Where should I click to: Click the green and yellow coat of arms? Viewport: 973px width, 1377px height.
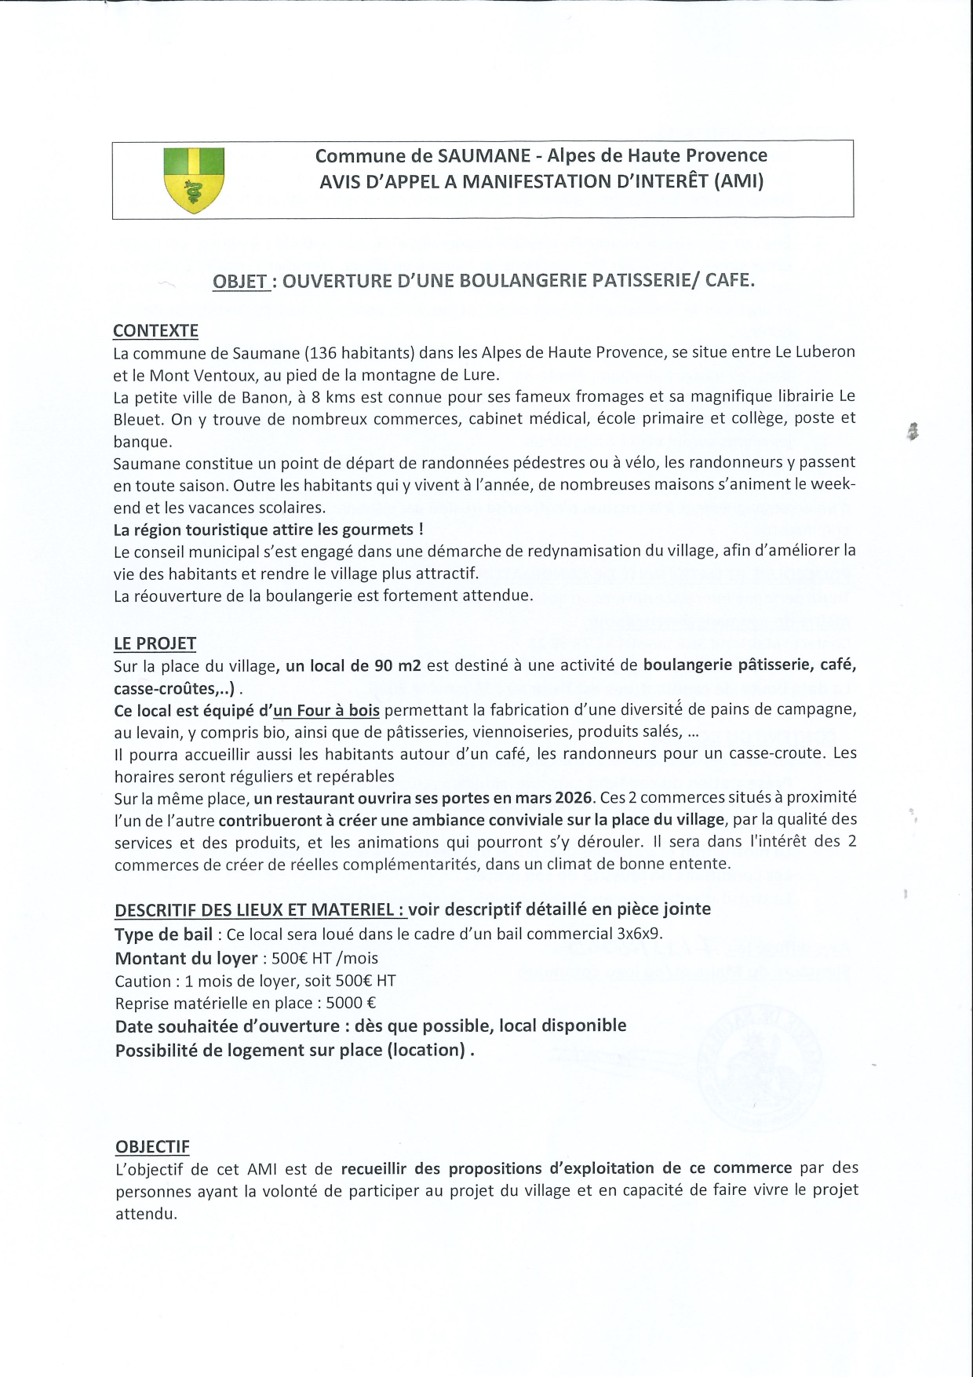[194, 180]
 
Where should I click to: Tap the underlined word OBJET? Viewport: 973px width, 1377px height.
[240, 281]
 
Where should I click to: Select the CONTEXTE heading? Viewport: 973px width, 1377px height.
[155, 330]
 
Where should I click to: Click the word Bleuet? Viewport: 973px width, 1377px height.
[137, 419]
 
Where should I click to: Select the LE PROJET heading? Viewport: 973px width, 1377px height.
[155, 643]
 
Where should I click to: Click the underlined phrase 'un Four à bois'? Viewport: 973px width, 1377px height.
[326, 710]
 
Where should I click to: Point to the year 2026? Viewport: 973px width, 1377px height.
[573, 797]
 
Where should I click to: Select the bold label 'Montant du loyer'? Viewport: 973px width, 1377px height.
[186, 958]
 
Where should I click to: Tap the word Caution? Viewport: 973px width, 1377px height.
[143, 981]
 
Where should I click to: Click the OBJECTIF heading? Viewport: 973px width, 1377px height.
[152, 1146]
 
